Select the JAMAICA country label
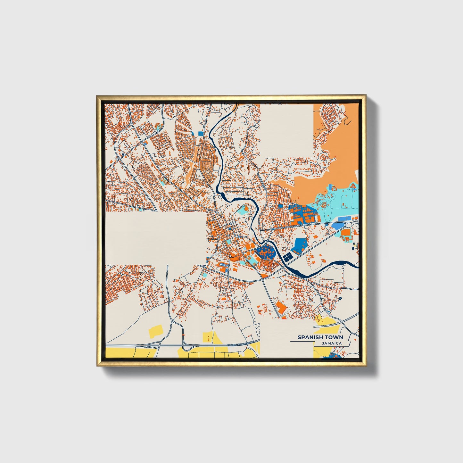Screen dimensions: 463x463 (332, 343)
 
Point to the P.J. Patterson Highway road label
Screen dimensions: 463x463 (242, 343)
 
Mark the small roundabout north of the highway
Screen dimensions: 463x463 (173, 321)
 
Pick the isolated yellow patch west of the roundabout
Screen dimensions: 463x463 (156, 330)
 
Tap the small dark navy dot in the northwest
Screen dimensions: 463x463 (123, 154)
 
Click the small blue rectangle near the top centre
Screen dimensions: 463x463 (201, 134)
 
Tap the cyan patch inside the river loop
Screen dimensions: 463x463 (245, 210)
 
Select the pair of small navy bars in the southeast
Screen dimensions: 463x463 (340, 298)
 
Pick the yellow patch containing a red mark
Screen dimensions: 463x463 (209, 337)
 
